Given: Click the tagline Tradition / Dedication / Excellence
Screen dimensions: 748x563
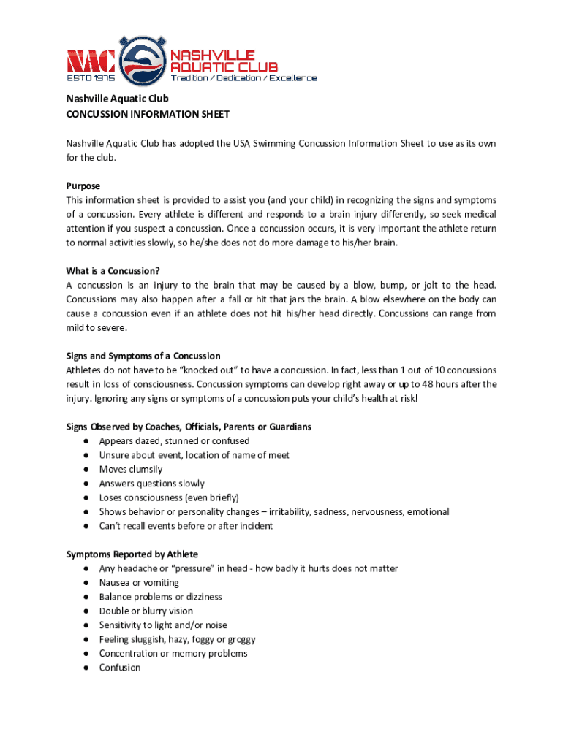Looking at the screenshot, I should tap(243, 78).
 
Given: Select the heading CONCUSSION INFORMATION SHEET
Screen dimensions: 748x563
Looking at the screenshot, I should tap(148, 114).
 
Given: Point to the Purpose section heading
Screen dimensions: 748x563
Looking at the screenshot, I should tap(83, 186).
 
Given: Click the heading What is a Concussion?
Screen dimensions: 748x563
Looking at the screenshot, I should tap(113, 271).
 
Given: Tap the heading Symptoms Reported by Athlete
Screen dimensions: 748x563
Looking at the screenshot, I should tap(132, 554).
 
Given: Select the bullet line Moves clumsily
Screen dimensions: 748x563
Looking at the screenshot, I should tap(131, 469).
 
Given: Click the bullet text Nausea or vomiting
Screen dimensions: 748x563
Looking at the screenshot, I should tap(139, 583).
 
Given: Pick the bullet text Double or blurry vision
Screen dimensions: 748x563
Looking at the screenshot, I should tap(146, 611).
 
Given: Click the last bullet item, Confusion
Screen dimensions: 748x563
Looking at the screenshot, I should tap(120, 668).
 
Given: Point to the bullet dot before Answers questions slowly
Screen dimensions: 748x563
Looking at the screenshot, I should tap(86, 484).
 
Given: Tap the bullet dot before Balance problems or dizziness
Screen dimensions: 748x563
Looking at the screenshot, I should tap(86, 597).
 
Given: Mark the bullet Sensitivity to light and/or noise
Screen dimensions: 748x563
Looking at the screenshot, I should tap(163, 625).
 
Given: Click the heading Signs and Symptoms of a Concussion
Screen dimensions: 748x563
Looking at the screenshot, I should tap(143, 356).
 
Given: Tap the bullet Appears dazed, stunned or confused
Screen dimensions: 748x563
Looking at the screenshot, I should tap(174, 441).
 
